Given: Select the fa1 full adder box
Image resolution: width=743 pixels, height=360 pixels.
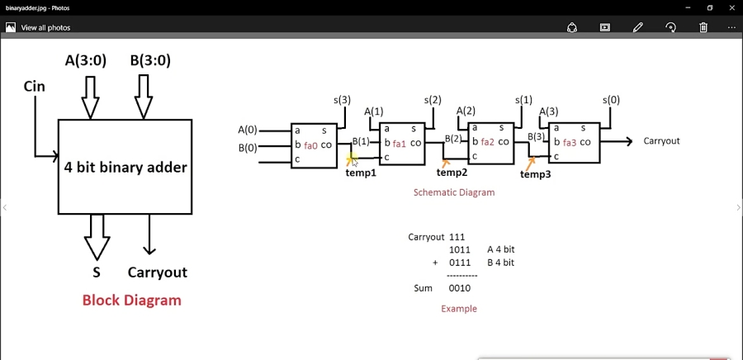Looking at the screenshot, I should point(401,143).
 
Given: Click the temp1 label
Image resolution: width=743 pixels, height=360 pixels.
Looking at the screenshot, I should point(361,173).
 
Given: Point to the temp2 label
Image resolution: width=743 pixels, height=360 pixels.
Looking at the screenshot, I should point(452,173).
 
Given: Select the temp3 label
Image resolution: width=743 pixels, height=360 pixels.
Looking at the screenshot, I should point(535,174).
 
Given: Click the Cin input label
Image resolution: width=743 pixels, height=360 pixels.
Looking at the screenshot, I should point(35,87).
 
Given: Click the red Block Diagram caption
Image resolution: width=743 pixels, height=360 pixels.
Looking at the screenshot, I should point(131,300).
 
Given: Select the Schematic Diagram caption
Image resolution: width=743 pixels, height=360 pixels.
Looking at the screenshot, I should point(453,192).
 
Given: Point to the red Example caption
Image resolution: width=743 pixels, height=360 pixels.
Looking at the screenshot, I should point(458,309).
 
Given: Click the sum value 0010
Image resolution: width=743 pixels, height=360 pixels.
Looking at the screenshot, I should point(459,289).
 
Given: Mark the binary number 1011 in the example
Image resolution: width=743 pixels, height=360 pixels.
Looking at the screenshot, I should point(459,249).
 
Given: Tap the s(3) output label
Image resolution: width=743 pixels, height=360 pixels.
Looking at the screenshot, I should point(342,100).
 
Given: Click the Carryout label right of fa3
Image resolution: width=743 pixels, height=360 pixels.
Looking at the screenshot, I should point(661,141).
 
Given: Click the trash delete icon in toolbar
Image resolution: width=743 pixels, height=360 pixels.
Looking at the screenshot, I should point(703,27).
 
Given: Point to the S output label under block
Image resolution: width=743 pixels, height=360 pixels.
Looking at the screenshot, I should point(97,272).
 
